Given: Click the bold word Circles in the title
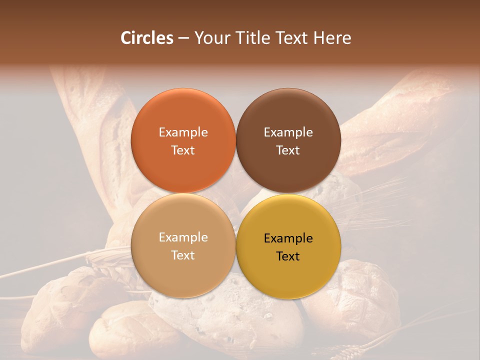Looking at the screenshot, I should pyautogui.click(x=147, y=38).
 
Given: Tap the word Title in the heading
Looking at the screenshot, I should pyautogui.click(x=252, y=38).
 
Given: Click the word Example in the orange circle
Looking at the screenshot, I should pyautogui.click(x=183, y=132).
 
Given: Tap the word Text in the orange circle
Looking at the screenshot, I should pyautogui.click(x=183, y=150).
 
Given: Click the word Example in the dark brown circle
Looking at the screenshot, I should pyautogui.click(x=288, y=132).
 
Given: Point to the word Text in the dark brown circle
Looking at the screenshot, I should pyautogui.click(x=288, y=150).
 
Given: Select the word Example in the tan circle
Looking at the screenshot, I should pyautogui.click(x=183, y=237).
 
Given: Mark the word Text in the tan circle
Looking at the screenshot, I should pyautogui.click(x=183, y=255).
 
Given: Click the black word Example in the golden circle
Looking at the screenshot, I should pyautogui.click(x=288, y=238).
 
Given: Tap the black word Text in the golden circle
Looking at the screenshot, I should pyautogui.click(x=288, y=256).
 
